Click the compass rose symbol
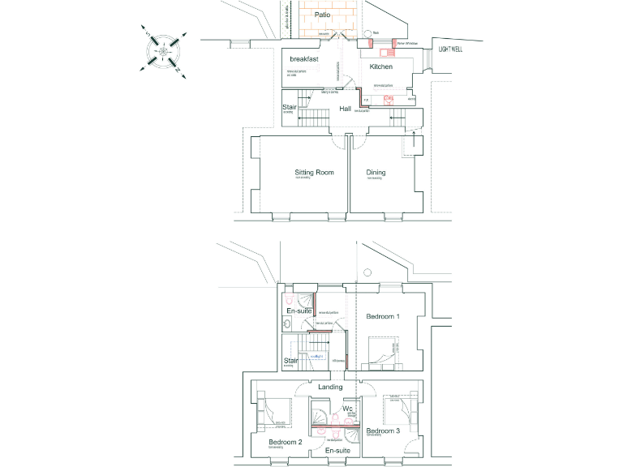click(x=165, y=54)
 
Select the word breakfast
click(x=303, y=60)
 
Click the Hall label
click(x=346, y=108)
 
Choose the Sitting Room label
click(x=314, y=173)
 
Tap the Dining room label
click(x=376, y=173)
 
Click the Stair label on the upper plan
click(x=289, y=107)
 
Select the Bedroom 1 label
click(x=383, y=315)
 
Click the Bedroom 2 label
click(x=285, y=442)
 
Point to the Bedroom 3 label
click(x=381, y=431)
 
